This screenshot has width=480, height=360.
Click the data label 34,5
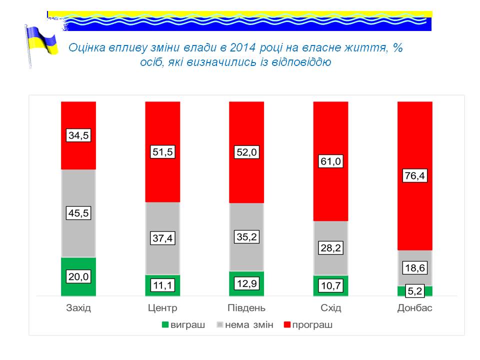[x=78, y=135]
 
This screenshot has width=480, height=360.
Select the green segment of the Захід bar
[x=78, y=287]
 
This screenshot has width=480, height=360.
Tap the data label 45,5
[x=78, y=213]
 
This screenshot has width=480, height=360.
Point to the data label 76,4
[x=414, y=176]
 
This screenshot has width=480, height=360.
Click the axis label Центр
[x=162, y=308]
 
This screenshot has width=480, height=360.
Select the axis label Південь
[x=246, y=308]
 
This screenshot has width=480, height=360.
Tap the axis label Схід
[x=330, y=308]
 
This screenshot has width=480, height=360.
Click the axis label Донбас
[x=414, y=308]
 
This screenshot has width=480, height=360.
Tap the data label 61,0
[x=330, y=161]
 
